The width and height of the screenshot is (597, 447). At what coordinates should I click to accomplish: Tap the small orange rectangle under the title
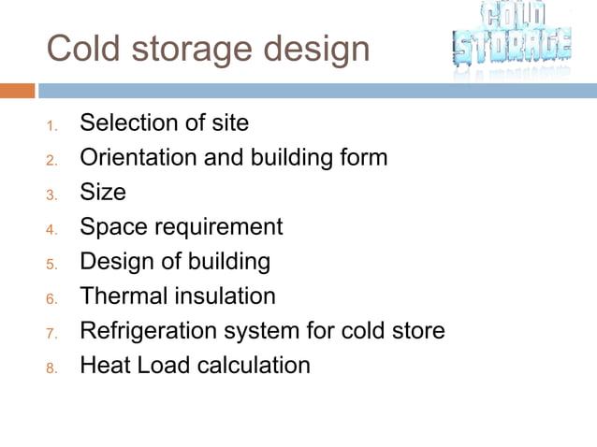pyautogui.click(x=18, y=91)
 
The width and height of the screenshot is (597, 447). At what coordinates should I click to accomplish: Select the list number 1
pyautogui.click(x=52, y=124)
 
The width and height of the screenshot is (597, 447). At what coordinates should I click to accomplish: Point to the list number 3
pyautogui.click(x=52, y=194)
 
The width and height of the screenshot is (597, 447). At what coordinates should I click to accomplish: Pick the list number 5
pyautogui.click(x=52, y=263)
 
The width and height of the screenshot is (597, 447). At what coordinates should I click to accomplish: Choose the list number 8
pyautogui.click(x=52, y=367)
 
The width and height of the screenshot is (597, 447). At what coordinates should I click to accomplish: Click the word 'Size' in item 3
pyautogui.click(x=102, y=192)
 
